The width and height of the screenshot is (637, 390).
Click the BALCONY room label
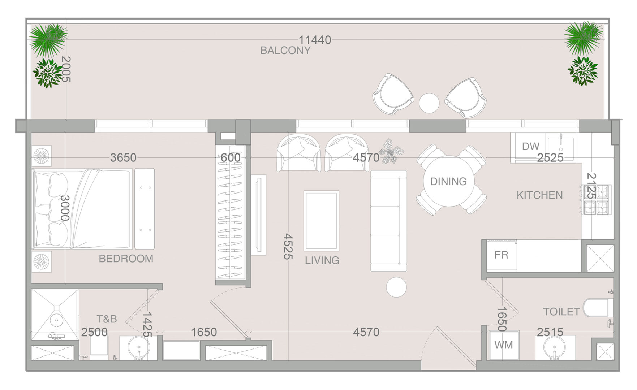[x=285, y=51]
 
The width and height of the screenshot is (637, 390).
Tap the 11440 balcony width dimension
[x=315, y=40]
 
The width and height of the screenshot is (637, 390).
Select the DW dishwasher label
[x=530, y=146]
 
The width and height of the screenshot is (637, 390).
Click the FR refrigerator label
[x=501, y=255]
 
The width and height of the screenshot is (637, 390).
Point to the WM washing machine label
[x=503, y=345]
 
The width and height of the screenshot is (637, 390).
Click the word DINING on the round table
[x=448, y=181]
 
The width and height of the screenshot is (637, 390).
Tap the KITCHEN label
[x=539, y=195]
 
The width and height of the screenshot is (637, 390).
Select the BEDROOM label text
[x=126, y=259]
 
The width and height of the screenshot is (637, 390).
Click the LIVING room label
[x=322, y=260]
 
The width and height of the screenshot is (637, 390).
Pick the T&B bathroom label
[x=107, y=319]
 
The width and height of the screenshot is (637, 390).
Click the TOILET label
[x=561, y=312]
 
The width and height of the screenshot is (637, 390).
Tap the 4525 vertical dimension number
[x=288, y=246]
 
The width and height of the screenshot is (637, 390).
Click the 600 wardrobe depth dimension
[x=231, y=158]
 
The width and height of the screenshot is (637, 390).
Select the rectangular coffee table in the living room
[x=321, y=221]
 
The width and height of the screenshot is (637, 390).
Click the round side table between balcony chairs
[x=429, y=103]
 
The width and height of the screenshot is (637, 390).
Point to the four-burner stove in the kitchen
[x=596, y=200]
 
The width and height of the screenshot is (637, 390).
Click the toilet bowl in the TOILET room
[x=596, y=308]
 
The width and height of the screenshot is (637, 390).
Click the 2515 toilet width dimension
[x=550, y=332]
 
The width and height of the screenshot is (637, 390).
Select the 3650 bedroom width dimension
[x=123, y=158]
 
